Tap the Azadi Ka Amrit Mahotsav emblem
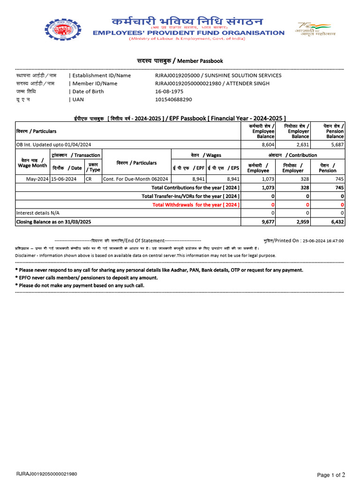point(312,29)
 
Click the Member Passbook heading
point(180,61)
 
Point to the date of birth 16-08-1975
point(169,91)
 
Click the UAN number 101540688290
point(173,99)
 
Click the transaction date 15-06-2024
point(64,179)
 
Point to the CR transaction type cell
point(89,179)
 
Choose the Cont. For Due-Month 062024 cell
point(129,179)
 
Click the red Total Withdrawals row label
point(196,204)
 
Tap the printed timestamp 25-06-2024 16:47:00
point(323,240)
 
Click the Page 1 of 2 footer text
point(331,474)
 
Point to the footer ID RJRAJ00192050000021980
point(47,474)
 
